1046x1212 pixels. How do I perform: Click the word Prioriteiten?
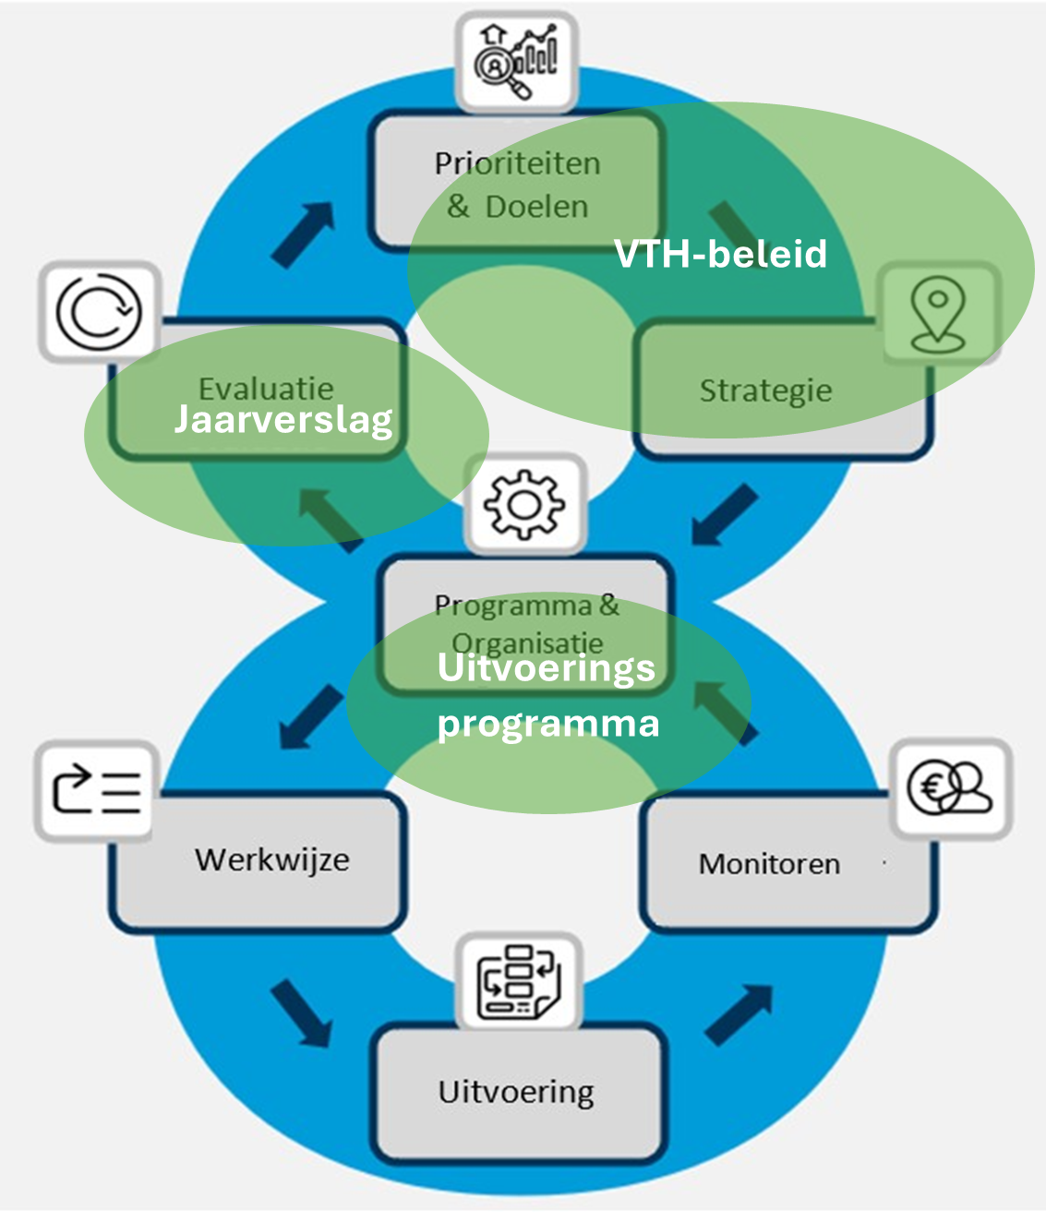[517, 163]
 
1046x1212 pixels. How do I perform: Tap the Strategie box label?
[765, 390]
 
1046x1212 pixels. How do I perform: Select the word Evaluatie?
[266, 388]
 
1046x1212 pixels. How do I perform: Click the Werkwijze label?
[272, 860]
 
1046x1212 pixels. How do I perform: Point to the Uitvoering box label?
[516, 1092]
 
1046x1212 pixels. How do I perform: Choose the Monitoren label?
[769, 864]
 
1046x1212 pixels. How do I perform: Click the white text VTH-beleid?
[720, 254]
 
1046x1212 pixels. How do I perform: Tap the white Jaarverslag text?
[283, 420]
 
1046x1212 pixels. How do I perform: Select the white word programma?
[548, 723]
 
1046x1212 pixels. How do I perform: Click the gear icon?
[524, 504]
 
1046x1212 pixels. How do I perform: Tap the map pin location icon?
[937, 314]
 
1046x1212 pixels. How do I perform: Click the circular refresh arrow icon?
[99, 312]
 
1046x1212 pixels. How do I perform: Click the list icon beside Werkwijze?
[96, 791]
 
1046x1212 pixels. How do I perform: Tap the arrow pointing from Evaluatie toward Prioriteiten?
[304, 234]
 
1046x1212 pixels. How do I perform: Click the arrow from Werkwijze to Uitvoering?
[301, 1012]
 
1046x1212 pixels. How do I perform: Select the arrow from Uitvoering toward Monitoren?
[739, 1014]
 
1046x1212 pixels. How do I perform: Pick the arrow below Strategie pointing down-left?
[725, 515]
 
